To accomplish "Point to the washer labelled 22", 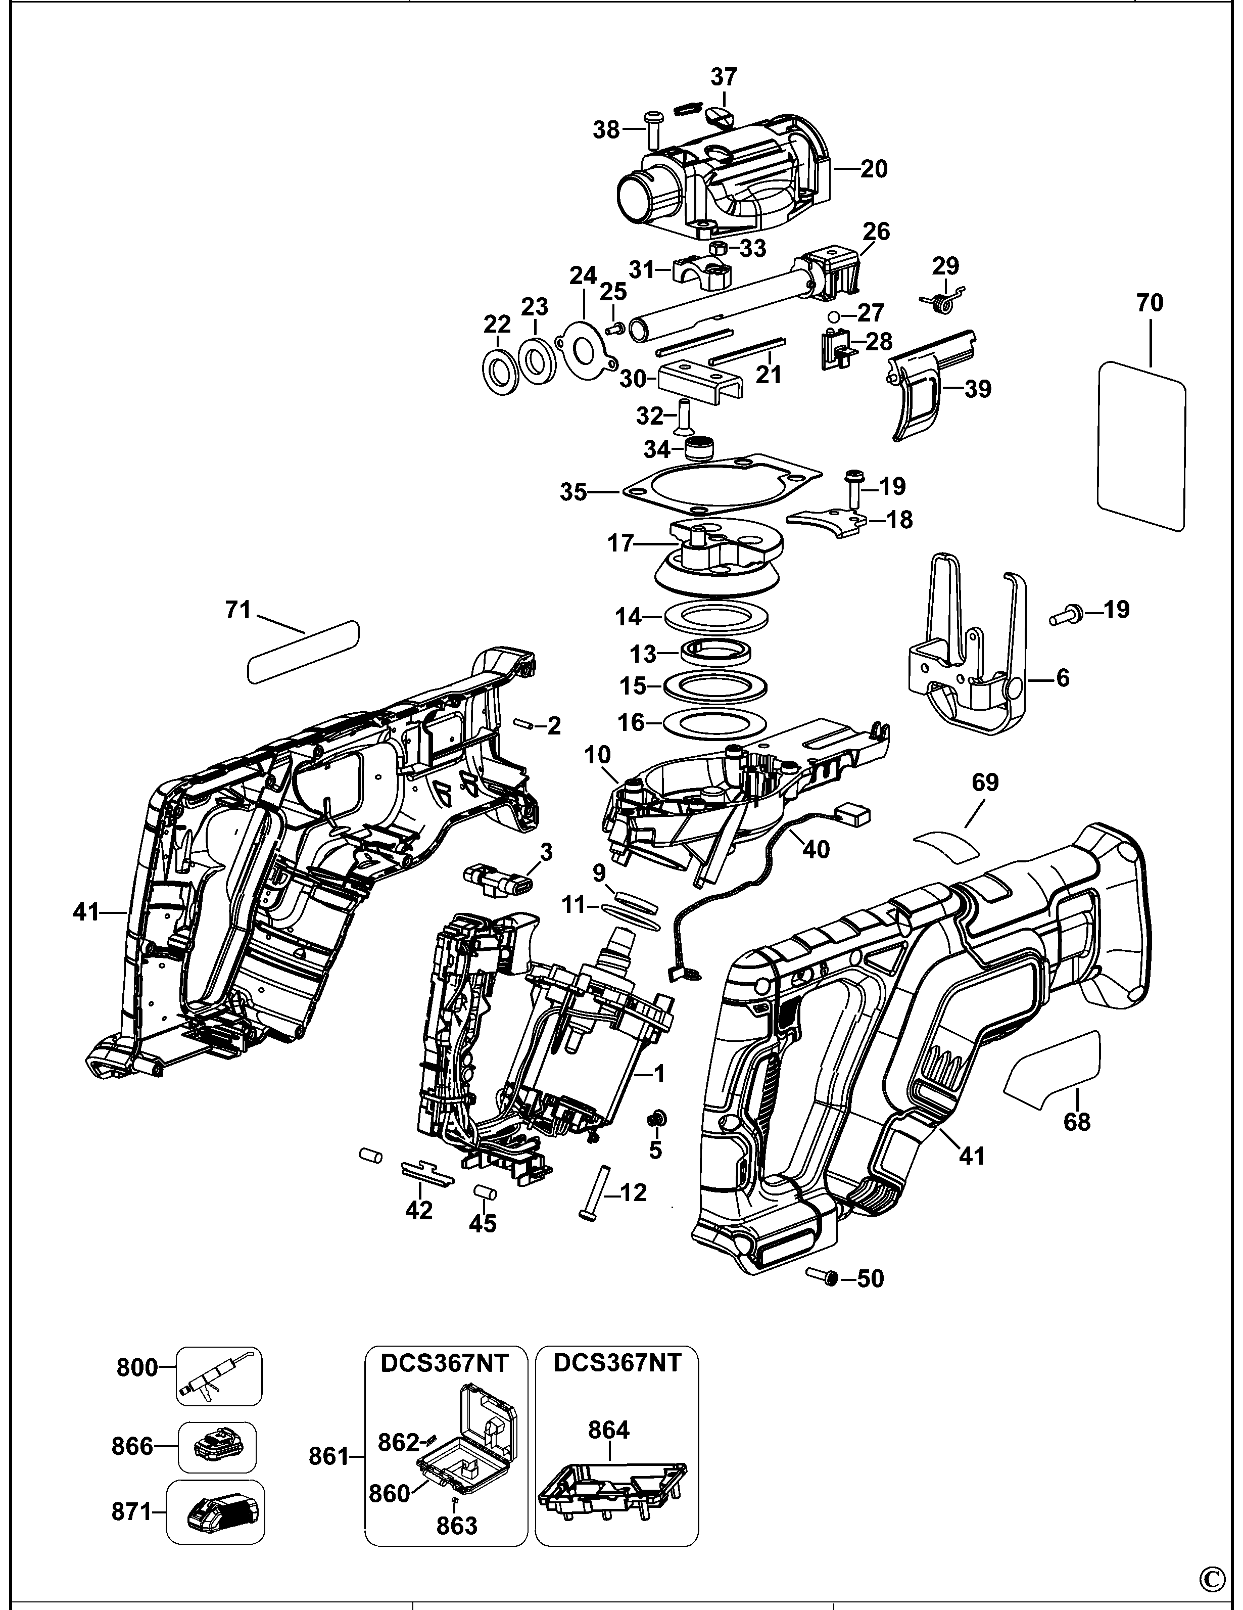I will (x=500, y=366).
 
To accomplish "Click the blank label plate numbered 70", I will (x=1141, y=444).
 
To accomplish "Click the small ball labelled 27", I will (x=833, y=316).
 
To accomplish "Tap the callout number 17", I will (x=620, y=543).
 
